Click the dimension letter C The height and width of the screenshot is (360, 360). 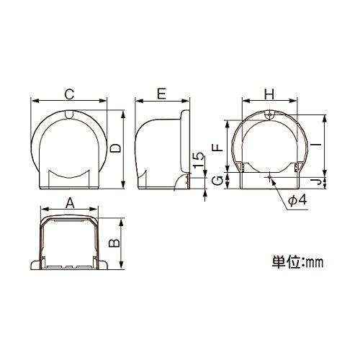[x=70, y=94]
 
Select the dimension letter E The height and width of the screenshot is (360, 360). [x=162, y=94]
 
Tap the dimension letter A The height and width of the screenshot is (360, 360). [x=70, y=204]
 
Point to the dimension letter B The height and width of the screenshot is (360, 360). [x=114, y=243]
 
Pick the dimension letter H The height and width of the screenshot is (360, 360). [x=269, y=94]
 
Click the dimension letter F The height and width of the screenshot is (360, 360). [x=218, y=147]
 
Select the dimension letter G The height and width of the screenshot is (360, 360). [x=218, y=181]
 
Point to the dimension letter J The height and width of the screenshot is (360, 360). [x=318, y=181]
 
